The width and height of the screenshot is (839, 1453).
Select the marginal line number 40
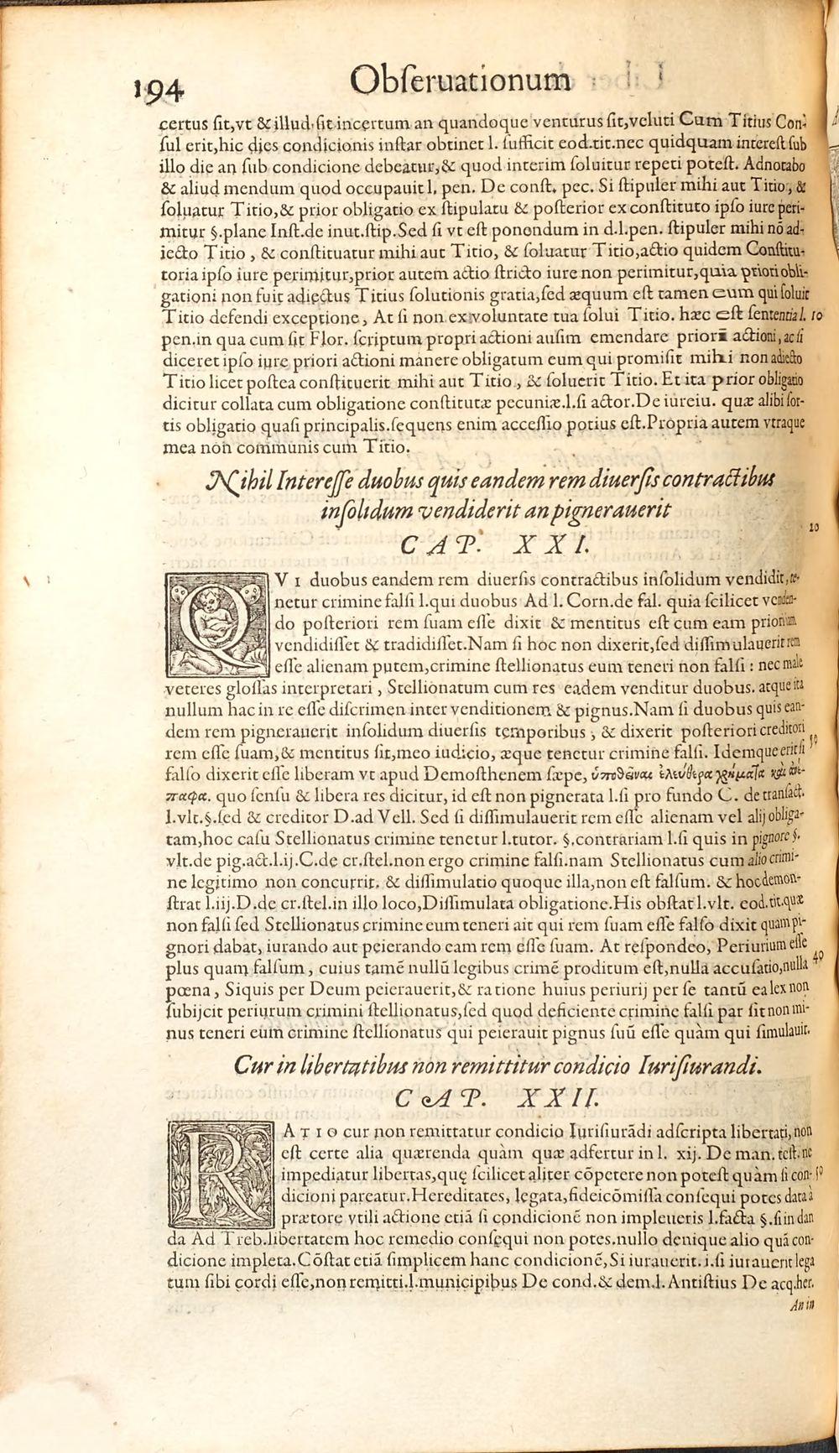point(819,953)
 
